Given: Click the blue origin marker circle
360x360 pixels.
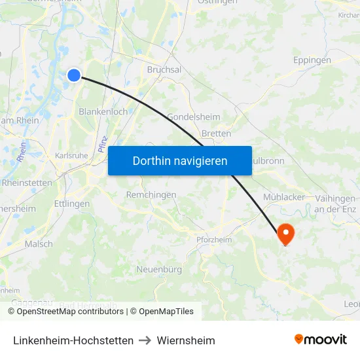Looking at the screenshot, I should (x=74, y=75).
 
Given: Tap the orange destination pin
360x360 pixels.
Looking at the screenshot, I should (x=285, y=232).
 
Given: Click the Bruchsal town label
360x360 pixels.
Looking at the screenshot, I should (x=164, y=69).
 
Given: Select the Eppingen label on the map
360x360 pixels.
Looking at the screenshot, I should (x=312, y=60).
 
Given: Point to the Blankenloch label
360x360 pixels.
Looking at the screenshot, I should (x=103, y=112).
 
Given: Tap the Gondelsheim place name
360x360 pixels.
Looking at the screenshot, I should (x=194, y=117).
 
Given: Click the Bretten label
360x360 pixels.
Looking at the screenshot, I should (x=216, y=134).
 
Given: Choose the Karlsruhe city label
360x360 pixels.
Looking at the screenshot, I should (x=71, y=156).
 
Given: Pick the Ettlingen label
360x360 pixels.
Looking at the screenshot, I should (x=72, y=204).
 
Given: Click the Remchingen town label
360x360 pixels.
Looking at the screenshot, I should (x=151, y=195).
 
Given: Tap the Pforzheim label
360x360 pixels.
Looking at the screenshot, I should (x=214, y=240).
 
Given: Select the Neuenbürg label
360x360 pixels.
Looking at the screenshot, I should (x=159, y=270).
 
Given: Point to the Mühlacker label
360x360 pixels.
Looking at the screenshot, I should (x=284, y=196).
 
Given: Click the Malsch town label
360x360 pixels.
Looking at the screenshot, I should (x=39, y=244).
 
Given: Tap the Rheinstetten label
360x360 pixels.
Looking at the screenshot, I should (x=27, y=183).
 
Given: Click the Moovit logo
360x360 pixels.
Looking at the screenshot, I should (x=320, y=340).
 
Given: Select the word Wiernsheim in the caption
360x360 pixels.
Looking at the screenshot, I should (x=186, y=340).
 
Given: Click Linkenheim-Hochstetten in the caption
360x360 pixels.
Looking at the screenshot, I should (x=73, y=340).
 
